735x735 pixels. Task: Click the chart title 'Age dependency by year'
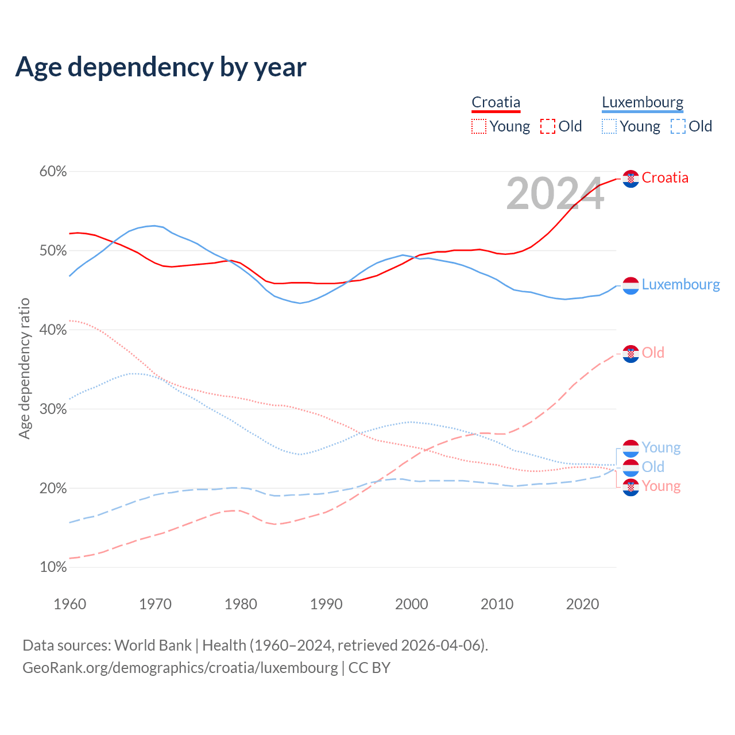pyautogui.click(x=161, y=67)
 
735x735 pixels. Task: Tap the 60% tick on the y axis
pyautogui.click(x=53, y=172)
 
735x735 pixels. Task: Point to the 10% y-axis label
pyautogui.click(x=53, y=567)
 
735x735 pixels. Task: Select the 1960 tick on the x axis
pyautogui.click(x=69, y=604)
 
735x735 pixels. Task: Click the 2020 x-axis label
pyautogui.click(x=582, y=604)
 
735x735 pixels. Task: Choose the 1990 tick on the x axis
pyautogui.click(x=326, y=604)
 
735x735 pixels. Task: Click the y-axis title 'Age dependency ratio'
pyautogui.click(x=24, y=368)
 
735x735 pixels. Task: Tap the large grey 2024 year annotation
pyautogui.click(x=555, y=194)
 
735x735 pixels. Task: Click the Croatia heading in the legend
pyautogui.click(x=496, y=103)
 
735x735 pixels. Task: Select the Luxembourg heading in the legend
pyautogui.click(x=643, y=103)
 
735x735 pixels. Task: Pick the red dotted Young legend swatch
pyautogui.click(x=478, y=126)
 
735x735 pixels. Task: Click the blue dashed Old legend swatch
pyautogui.click(x=678, y=126)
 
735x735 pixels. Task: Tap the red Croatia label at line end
pyautogui.click(x=665, y=178)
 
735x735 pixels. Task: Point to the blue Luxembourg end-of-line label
pyautogui.click(x=680, y=285)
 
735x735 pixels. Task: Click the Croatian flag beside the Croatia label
pyautogui.click(x=630, y=179)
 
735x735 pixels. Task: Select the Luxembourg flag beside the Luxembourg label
pyautogui.click(x=630, y=285)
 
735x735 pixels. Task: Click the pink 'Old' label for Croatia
pyautogui.click(x=653, y=353)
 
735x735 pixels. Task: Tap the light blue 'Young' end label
pyautogui.click(x=661, y=447)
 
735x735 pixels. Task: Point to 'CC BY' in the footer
pyautogui.click(x=369, y=668)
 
